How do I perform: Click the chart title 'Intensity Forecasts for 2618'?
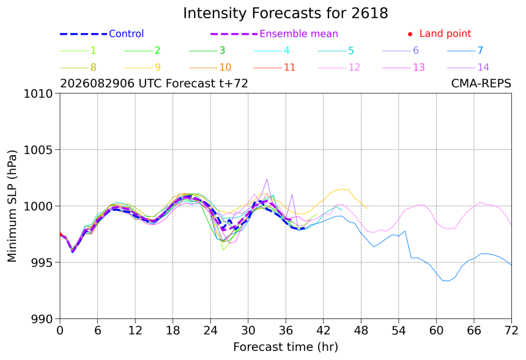coord(286,13)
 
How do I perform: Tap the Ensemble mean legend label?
coord(298,34)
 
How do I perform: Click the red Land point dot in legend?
coord(410,34)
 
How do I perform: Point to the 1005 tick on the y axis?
coord(38,150)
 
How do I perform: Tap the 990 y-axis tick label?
coord(41,319)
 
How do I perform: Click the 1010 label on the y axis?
coord(38,94)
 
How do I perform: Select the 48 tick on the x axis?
coord(361,331)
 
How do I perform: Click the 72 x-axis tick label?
coord(511,331)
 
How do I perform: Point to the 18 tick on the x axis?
coord(172,331)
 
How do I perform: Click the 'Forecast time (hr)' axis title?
coord(286,347)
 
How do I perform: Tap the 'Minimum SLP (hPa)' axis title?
coord(12,206)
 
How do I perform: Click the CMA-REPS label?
coord(481,83)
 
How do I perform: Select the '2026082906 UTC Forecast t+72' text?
coord(154,83)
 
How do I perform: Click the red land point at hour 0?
coord(60,234)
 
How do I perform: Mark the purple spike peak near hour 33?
coord(267,179)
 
